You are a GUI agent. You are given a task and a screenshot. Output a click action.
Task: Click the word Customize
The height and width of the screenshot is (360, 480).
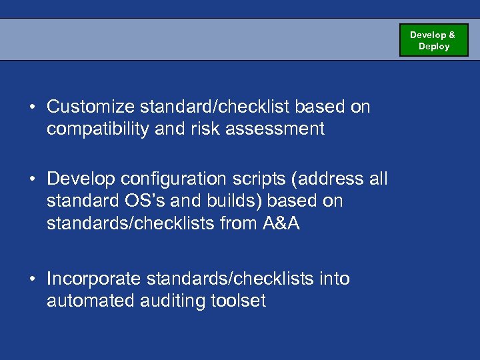coord(89,107)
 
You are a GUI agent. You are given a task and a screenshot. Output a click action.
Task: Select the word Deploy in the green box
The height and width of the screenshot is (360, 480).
coord(434,47)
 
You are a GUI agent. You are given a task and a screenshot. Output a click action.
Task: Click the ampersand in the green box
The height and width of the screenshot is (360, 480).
coord(451,35)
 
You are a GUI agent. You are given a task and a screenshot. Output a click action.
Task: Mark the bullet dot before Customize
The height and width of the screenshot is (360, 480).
coord(32,107)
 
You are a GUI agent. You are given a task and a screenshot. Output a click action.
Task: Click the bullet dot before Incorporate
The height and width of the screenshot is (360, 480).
coord(32,279)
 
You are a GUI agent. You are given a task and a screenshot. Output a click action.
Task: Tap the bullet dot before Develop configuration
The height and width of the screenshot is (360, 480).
coord(32,179)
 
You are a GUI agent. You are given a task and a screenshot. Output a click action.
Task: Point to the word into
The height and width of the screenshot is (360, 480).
coord(335,279)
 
